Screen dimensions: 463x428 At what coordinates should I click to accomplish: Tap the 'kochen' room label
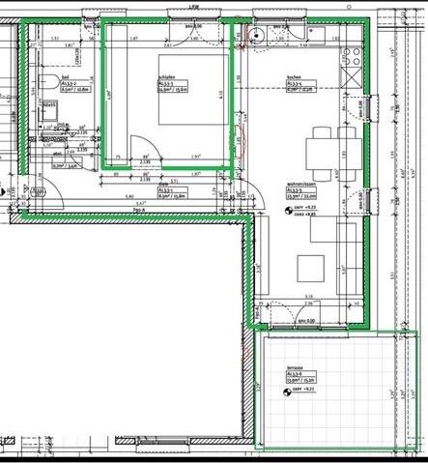[295, 77]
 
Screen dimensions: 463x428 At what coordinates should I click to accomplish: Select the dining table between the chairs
[325, 154]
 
